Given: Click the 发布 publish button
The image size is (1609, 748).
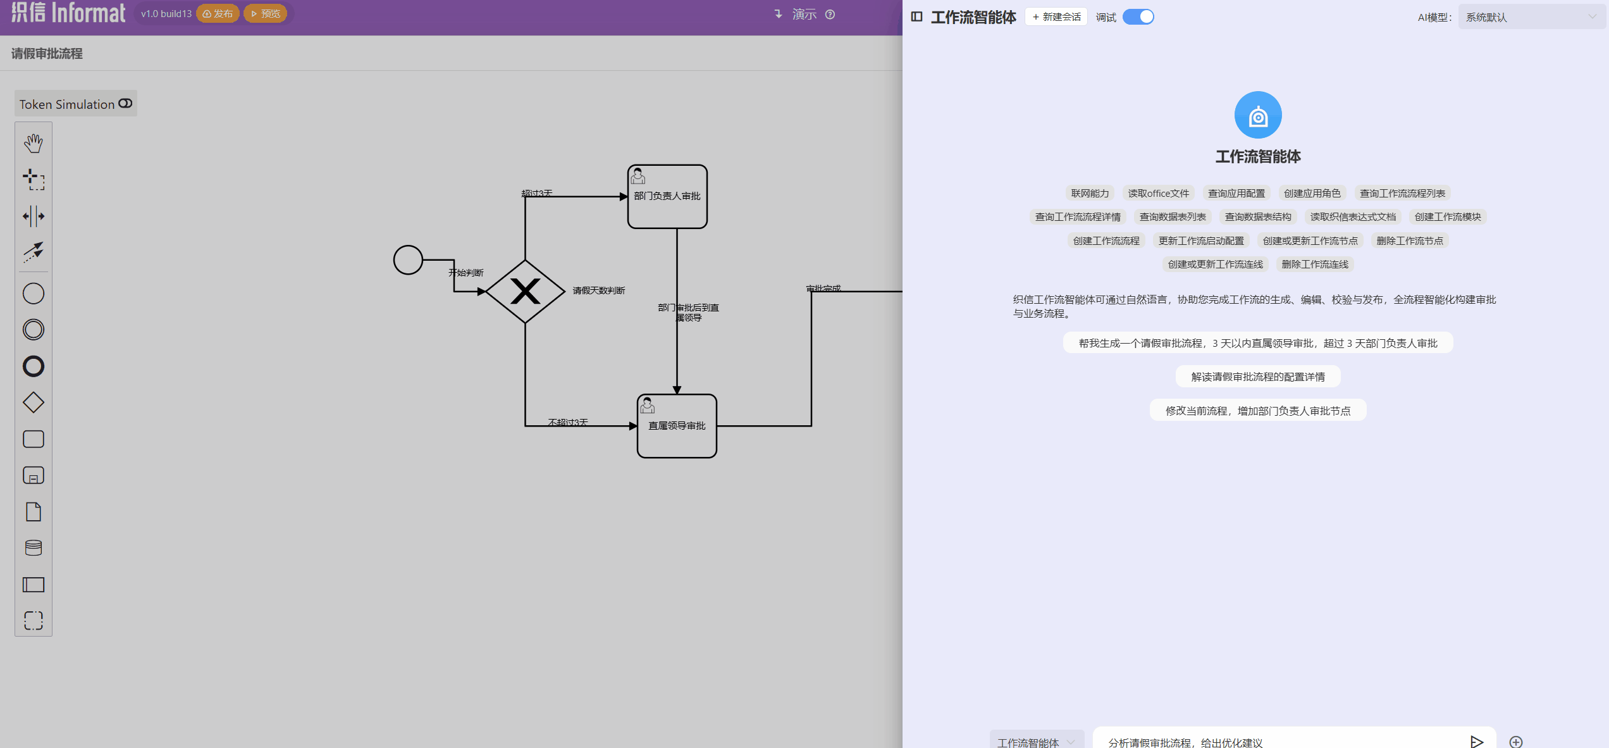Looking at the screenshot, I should pyautogui.click(x=218, y=13).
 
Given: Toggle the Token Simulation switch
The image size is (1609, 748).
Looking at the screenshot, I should pyautogui.click(x=125, y=104).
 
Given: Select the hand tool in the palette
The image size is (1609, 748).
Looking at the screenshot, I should pyautogui.click(x=34, y=143).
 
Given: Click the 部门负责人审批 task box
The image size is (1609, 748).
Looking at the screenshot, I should pyautogui.click(x=667, y=197).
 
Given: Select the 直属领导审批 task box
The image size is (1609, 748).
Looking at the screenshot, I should pyautogui.click(x=677, y=426).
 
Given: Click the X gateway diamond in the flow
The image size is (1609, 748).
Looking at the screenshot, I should pyautogui.click(x=525, y=292).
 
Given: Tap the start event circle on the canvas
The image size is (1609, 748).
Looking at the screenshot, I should pyautogui.click(x=408, y=260).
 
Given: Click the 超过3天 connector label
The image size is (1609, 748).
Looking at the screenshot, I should pyautogui.click(x=536, y=193).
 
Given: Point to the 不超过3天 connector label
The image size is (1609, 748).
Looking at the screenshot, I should pyautogui.click(x=567, y=422).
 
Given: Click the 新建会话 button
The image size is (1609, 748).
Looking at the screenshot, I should pyautogui.click(x=1056, y=17).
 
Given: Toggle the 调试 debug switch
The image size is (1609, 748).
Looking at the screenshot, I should pyautogui.click(x=1138, y=17).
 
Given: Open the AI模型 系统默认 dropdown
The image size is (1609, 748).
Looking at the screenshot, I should pyautogui.click(x=1531, y=17).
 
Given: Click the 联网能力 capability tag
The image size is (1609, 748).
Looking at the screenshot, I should pyautogui.click(x=1090, y=193).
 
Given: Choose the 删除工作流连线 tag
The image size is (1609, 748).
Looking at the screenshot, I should pyautogui.click(x=1314, y=265).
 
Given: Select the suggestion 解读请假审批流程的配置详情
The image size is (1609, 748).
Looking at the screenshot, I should pyautogui.click(x=1257, y=377).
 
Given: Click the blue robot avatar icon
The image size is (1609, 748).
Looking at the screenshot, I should pyautogui.click(x=1257, y=115).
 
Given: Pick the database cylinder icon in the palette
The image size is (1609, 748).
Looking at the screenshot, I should pyautogui.click(x=34, y=548).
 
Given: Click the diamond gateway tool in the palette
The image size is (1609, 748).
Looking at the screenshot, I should pyautogui.click(x=34, y=402).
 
